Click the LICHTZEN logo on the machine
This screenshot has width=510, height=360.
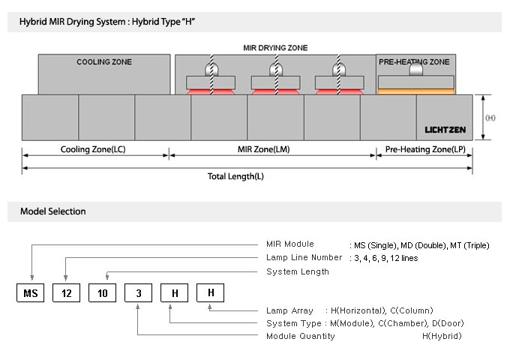click(445, 130)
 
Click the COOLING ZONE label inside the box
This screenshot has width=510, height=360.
click(104, 61)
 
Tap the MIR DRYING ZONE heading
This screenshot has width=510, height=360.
click(275, 48)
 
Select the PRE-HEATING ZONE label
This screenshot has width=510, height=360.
click(414, 61)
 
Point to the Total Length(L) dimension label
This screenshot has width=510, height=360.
click(235, 176)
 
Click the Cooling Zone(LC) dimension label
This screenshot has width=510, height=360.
click(93, 149)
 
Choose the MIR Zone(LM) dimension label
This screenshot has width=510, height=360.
click(264, 149)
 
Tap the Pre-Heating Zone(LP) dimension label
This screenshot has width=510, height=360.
click(425, 149)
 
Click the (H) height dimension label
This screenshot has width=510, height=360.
click(490, 118)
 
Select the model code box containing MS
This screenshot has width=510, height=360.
click(30, 293)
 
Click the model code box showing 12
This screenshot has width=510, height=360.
click(66, 293)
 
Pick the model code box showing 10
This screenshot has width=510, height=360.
click(103, 293)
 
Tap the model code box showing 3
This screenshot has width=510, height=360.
click(139, 293)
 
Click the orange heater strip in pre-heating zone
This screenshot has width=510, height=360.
click(416, 91)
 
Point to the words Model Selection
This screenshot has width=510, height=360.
click(53, 211)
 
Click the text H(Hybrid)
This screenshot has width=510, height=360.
click(442, 336)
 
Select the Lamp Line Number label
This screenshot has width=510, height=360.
click(304, 257)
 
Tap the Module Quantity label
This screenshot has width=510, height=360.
click(301, 336)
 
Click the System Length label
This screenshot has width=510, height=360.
click(298, 271)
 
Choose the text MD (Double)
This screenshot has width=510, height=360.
click(424, 245)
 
